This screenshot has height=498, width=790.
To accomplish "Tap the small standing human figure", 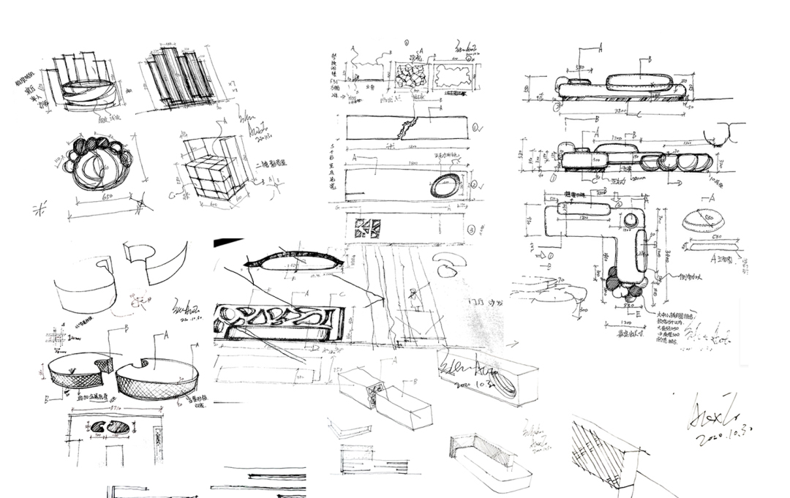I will coord(414,297).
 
